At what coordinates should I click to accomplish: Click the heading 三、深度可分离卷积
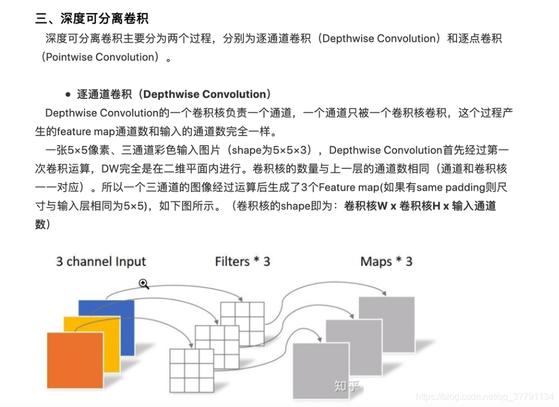(92, 19)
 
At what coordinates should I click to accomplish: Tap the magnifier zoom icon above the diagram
(144, 284)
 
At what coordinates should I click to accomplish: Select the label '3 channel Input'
(101, 262)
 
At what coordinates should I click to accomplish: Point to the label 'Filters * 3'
(242, 262)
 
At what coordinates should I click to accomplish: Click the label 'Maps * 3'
(386, 262)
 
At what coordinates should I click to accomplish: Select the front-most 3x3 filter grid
(192, 370)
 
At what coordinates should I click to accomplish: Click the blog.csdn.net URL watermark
(484, 397)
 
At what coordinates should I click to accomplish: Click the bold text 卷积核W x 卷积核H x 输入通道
(419, 206)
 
